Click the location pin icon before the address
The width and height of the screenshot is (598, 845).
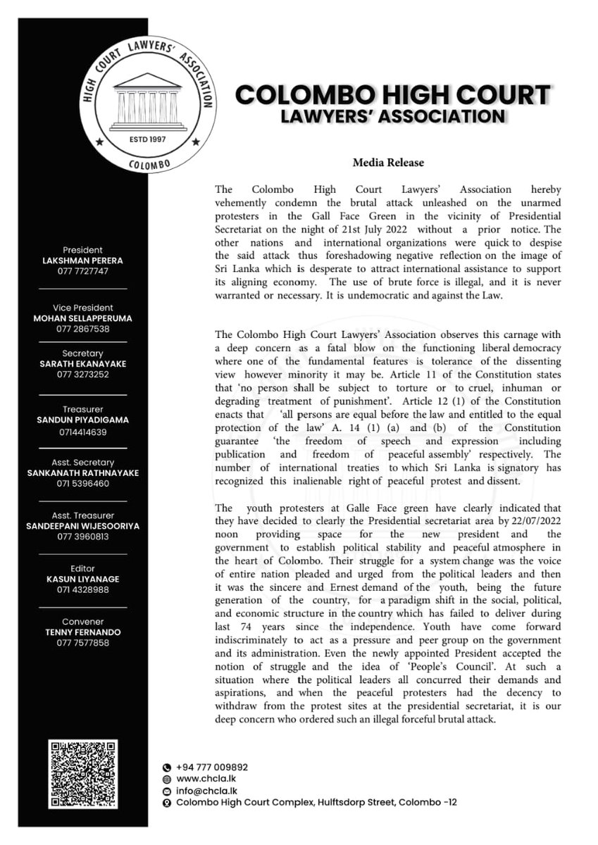pyautogui.click(x=166, y=803)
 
